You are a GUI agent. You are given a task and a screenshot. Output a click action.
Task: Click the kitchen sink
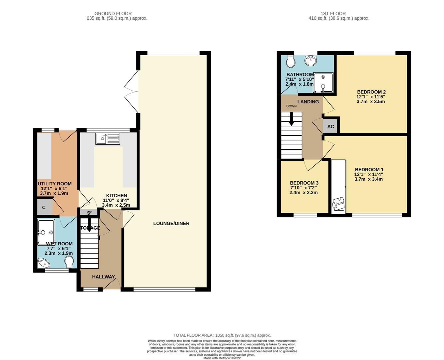107,139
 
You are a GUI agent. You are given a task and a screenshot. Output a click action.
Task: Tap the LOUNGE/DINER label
171,223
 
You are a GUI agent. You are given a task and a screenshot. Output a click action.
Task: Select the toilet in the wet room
69,262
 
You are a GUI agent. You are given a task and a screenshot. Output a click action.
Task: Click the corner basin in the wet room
43,263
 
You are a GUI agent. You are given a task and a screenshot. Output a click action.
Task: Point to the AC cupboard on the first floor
330,127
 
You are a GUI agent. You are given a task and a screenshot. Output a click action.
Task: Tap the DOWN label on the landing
291,106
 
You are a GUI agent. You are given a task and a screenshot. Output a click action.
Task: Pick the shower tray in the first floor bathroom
323,82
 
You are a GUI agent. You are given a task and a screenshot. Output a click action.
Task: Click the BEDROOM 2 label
371,92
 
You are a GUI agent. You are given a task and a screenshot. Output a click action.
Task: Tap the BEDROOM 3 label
304,183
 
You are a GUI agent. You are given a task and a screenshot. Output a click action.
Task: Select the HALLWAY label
103,277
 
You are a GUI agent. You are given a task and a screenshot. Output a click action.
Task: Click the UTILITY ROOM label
55,184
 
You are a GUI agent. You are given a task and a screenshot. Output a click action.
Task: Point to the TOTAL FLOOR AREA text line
222,335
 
